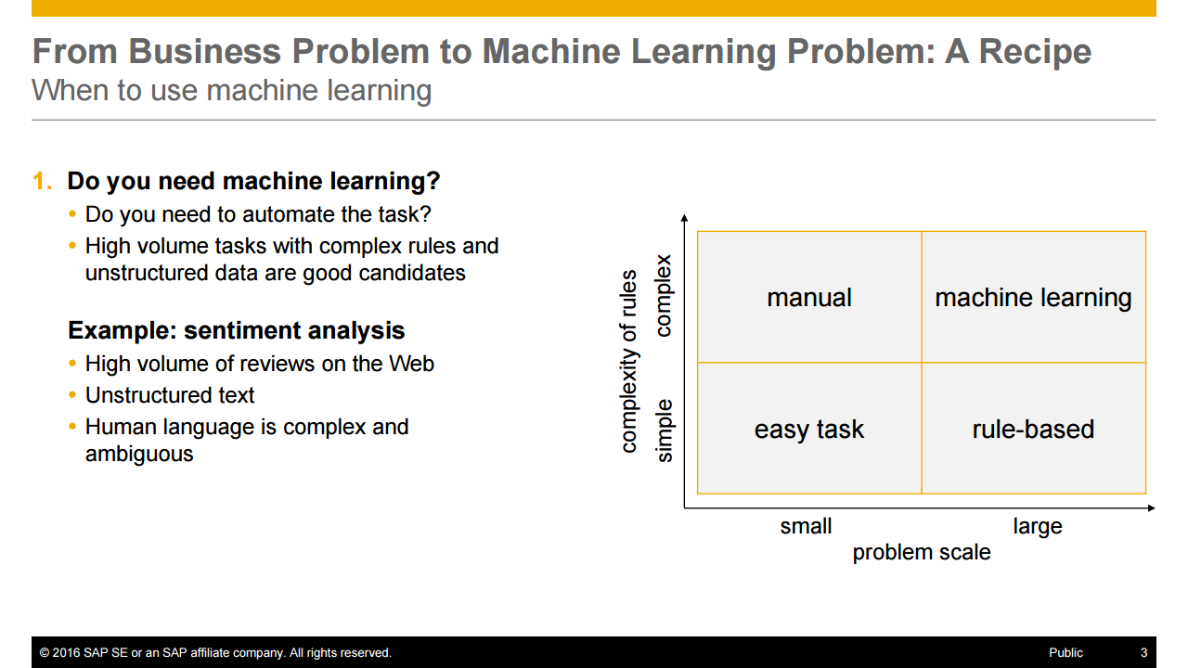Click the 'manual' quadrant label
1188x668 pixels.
tap(808, 298)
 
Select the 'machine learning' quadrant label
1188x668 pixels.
tap(1033, 298)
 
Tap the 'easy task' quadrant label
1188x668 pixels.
tap(808, 430)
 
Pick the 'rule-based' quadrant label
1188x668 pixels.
tap(1033, 430)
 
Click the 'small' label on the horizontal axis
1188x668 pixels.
tap(806, 526)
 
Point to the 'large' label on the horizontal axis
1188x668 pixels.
tap(1037, 526)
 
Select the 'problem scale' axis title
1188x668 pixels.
tap(921, 552)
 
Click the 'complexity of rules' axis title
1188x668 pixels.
tap(629, 361)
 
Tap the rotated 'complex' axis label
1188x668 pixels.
tap(663, 296)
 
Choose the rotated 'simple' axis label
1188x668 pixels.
tap(663, 430)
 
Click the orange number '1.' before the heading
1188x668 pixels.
tap(43, 181)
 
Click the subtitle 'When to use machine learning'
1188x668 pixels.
tap(231, 91)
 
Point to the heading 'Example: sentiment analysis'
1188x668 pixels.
tap(236, 330)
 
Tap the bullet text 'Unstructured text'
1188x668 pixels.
tap(170, 395)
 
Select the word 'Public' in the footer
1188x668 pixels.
tap(1065, 652)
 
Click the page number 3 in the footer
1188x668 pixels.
tap(1143, 652)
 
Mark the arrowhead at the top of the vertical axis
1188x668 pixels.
tap(684, 218)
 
